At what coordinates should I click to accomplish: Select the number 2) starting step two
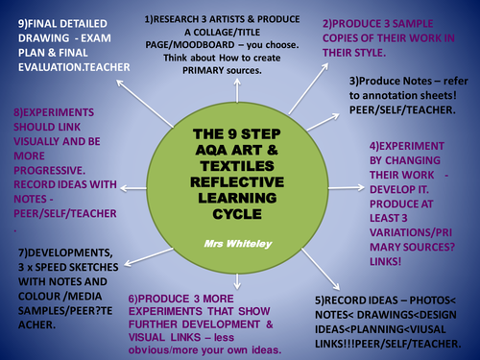click(x=330, y=22)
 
